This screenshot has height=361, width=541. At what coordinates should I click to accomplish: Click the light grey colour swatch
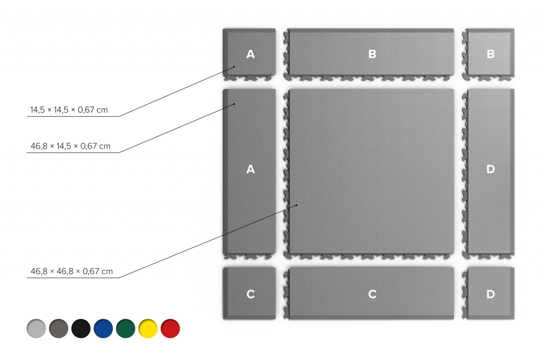pos(36,328)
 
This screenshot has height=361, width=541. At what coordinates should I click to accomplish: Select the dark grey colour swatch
pos(59,328)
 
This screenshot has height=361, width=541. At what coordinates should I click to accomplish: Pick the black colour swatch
pos(81,328)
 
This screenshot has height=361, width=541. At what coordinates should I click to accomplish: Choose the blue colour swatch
pos(104,328)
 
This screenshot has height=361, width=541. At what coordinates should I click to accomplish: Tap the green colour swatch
pos(126,328)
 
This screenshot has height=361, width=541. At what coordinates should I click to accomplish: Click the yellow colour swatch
pos(148,328)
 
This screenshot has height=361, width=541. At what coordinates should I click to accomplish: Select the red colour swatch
pos(170,328)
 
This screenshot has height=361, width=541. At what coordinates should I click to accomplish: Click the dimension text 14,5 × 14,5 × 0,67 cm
pos(69,110)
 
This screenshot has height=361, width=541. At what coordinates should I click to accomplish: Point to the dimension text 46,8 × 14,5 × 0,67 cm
pos(71,146)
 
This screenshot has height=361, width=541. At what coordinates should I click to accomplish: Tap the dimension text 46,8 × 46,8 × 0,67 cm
pos(72,271)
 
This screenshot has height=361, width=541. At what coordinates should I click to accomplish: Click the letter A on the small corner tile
pos(251,54)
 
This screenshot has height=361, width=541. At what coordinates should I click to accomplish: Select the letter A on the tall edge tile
pos(251,169)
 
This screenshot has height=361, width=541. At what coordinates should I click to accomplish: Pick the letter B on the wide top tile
pos(372,54)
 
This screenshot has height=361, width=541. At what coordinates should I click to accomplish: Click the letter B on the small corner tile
pos(491,54)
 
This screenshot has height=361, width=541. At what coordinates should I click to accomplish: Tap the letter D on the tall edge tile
pos(491,169)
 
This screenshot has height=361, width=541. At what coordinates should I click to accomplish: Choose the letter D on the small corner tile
pos(491,294)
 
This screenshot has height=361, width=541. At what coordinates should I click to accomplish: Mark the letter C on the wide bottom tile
pos(372,294)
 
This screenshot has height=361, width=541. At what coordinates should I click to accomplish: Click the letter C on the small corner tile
pos(251,294)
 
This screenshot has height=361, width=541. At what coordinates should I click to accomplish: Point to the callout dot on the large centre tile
pos(297,205)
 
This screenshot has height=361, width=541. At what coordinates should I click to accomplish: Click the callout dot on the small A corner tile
pos(234,67)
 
